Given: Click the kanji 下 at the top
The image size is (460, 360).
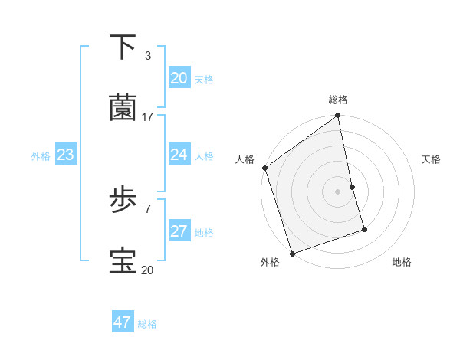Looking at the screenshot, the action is point(123,47).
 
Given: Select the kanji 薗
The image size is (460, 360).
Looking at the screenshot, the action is point(123,108).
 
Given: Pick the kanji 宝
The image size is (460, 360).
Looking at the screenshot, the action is point(123,261).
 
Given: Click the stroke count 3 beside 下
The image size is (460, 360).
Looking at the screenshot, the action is point(147,55).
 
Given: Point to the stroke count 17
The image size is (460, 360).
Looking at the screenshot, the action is point(148,116).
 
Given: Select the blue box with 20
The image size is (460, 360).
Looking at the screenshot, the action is point(179,78).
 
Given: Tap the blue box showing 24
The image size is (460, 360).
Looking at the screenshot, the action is point(179,155).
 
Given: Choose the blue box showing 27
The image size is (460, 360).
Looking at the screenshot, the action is point(179,231).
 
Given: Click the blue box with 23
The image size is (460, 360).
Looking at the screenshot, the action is point(65,155).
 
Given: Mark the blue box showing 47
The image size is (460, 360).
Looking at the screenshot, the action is point(122,322).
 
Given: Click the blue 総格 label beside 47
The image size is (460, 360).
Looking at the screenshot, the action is point(147,324).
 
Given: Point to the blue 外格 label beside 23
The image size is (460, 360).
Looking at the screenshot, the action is point(41,156).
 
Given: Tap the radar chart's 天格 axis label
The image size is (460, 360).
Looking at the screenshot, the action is point(431,159).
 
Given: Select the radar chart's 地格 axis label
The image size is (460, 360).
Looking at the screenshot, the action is point(402,262).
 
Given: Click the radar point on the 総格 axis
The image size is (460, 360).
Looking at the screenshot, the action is point(337,116).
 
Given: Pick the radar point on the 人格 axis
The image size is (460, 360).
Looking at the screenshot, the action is point(264,168).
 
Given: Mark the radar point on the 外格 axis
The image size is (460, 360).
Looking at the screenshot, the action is point(292,253).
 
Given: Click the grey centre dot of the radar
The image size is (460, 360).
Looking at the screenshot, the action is point(337,191).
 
